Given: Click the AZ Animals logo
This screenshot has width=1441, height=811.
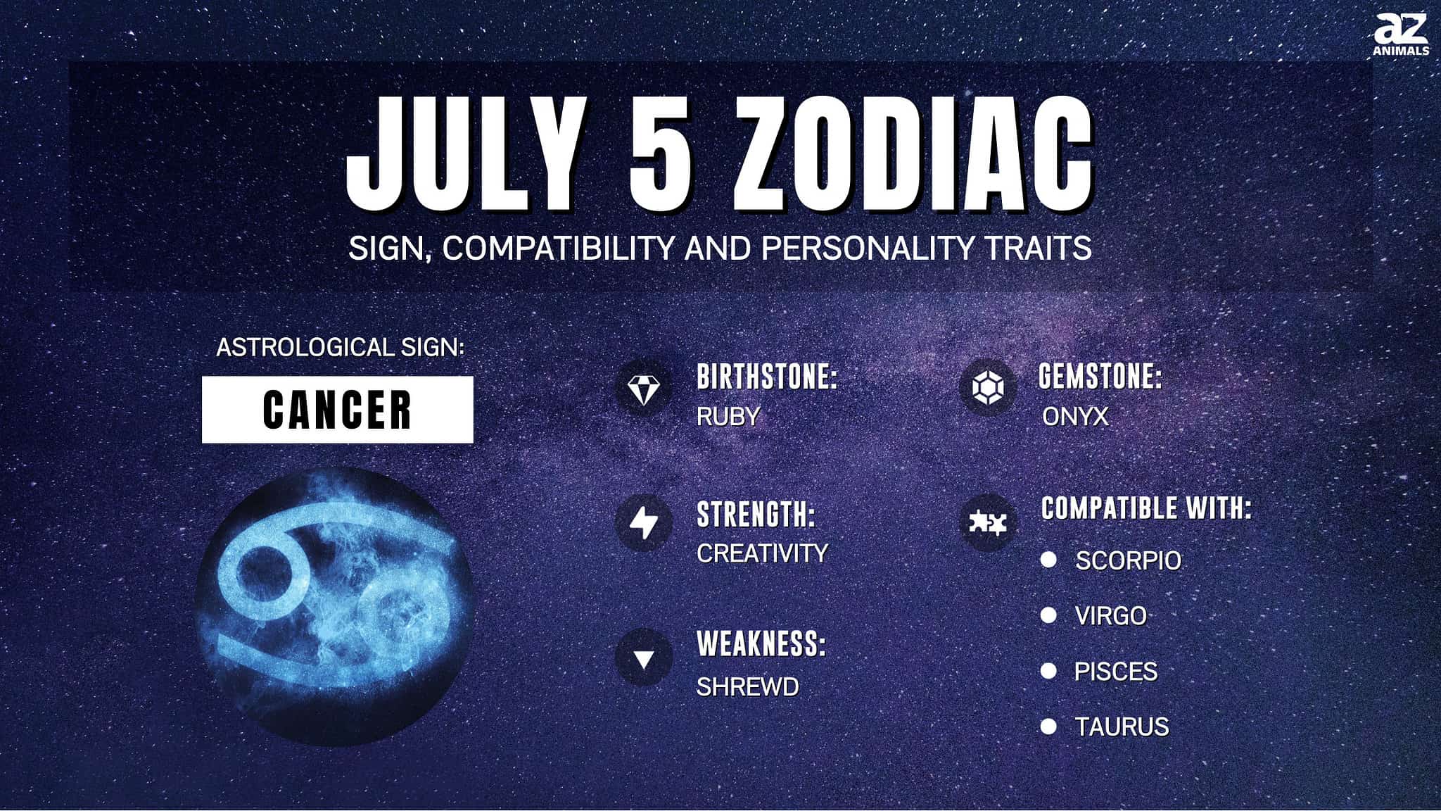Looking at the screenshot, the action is [1401, 34].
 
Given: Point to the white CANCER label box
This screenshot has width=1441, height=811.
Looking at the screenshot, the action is [338, 410].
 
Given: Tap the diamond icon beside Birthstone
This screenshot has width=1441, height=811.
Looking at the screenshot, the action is [643, 388].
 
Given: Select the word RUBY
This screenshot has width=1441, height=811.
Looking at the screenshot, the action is [728, 417].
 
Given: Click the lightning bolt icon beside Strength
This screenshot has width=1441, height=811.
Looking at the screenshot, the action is [643, 522].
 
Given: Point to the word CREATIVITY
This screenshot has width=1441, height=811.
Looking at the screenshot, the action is [762, 553].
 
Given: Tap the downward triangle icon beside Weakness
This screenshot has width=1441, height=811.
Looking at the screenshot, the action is [643, 658].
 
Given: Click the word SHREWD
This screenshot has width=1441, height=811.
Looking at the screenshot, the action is [747, 687].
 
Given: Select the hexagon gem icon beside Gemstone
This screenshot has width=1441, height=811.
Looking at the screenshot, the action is [988, 387].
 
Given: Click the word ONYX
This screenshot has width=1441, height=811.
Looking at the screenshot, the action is [1075, 417].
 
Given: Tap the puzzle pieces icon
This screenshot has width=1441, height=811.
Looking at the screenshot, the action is [988, 522].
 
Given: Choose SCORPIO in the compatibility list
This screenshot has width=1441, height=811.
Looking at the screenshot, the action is [1128, 560].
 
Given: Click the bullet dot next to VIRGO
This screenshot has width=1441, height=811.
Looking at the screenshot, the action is [1048, 615].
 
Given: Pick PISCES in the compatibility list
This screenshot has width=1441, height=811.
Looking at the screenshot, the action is [1116, 672].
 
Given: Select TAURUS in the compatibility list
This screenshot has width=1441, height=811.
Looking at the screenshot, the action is [1122, 727].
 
